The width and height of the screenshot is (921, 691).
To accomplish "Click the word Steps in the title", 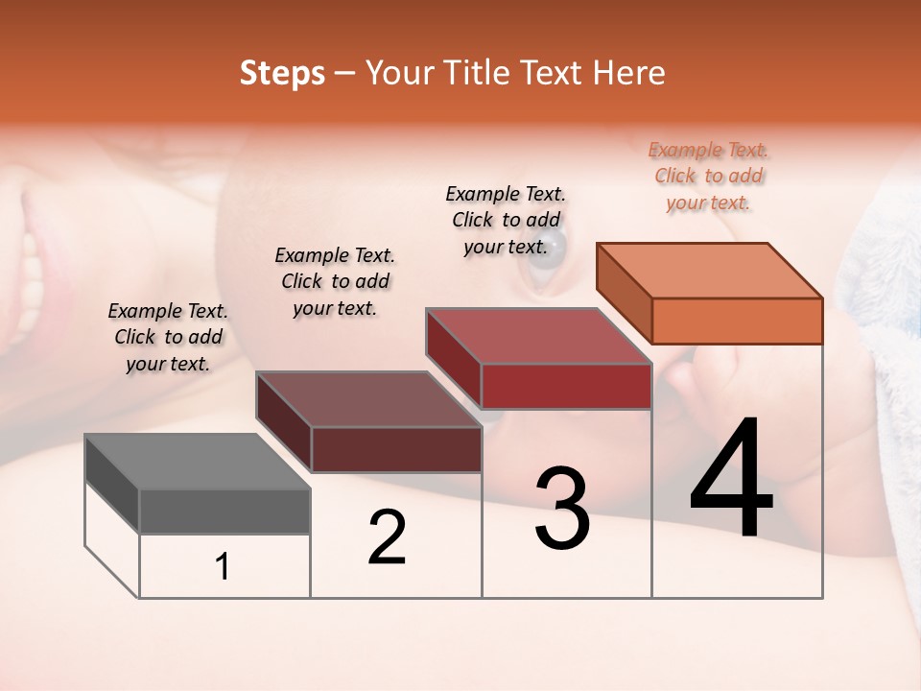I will tap(282, 73).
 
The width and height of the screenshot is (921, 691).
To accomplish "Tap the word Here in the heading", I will tap(628, 73).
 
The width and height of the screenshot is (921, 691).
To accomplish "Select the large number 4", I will tap(731, 480).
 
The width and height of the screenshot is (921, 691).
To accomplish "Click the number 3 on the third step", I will tap(562, 509).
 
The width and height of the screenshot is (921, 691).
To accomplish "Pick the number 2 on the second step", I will tap(388, 537).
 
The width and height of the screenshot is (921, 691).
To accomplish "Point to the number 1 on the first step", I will tap(223, 567).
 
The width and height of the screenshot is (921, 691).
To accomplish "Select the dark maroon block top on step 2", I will tap(368, 399).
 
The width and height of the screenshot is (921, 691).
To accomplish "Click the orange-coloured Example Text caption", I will tap(709, 176).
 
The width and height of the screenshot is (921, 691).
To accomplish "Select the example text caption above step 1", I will tap(168, 337).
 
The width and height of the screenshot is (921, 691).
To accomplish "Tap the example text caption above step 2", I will tap(335, 281).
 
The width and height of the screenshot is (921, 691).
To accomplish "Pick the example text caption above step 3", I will tap(506, 220).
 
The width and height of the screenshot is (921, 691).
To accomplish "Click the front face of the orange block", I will tap(737, 321).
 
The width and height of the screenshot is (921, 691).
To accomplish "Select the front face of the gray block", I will tap(224, 512).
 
